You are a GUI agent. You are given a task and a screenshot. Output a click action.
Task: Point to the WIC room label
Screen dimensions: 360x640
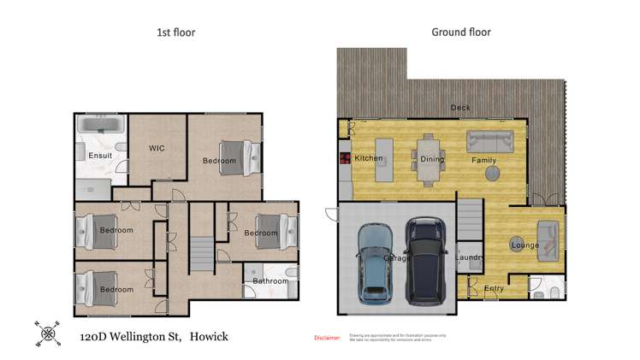(157, 148)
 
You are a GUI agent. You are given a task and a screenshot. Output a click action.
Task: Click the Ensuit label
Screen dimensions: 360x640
(100, 156)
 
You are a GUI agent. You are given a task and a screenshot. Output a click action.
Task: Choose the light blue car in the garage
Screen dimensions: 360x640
(375, 263)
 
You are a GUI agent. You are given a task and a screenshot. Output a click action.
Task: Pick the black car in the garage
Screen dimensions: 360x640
(426, 261)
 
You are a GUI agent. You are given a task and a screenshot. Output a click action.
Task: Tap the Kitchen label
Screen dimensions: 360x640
(369, 158)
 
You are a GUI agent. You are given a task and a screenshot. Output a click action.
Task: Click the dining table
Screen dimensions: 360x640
(430, 160)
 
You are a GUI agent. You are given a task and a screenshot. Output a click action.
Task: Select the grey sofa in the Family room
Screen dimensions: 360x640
(489, 141)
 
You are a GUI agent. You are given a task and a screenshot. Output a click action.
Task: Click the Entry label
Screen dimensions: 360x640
(494, 289)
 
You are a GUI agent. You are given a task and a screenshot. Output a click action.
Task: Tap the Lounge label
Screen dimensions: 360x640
(524, 245)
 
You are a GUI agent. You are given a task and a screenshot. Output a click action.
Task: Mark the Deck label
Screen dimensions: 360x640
(460, 108)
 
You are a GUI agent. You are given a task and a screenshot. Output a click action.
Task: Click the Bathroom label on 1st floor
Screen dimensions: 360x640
(270, 280)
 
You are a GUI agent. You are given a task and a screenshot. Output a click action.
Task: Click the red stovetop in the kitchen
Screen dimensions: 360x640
(346, 158)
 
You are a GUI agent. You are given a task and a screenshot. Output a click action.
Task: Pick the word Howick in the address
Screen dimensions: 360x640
(209, 338)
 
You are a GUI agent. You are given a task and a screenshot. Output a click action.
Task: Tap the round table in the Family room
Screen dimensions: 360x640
(494, 174)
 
